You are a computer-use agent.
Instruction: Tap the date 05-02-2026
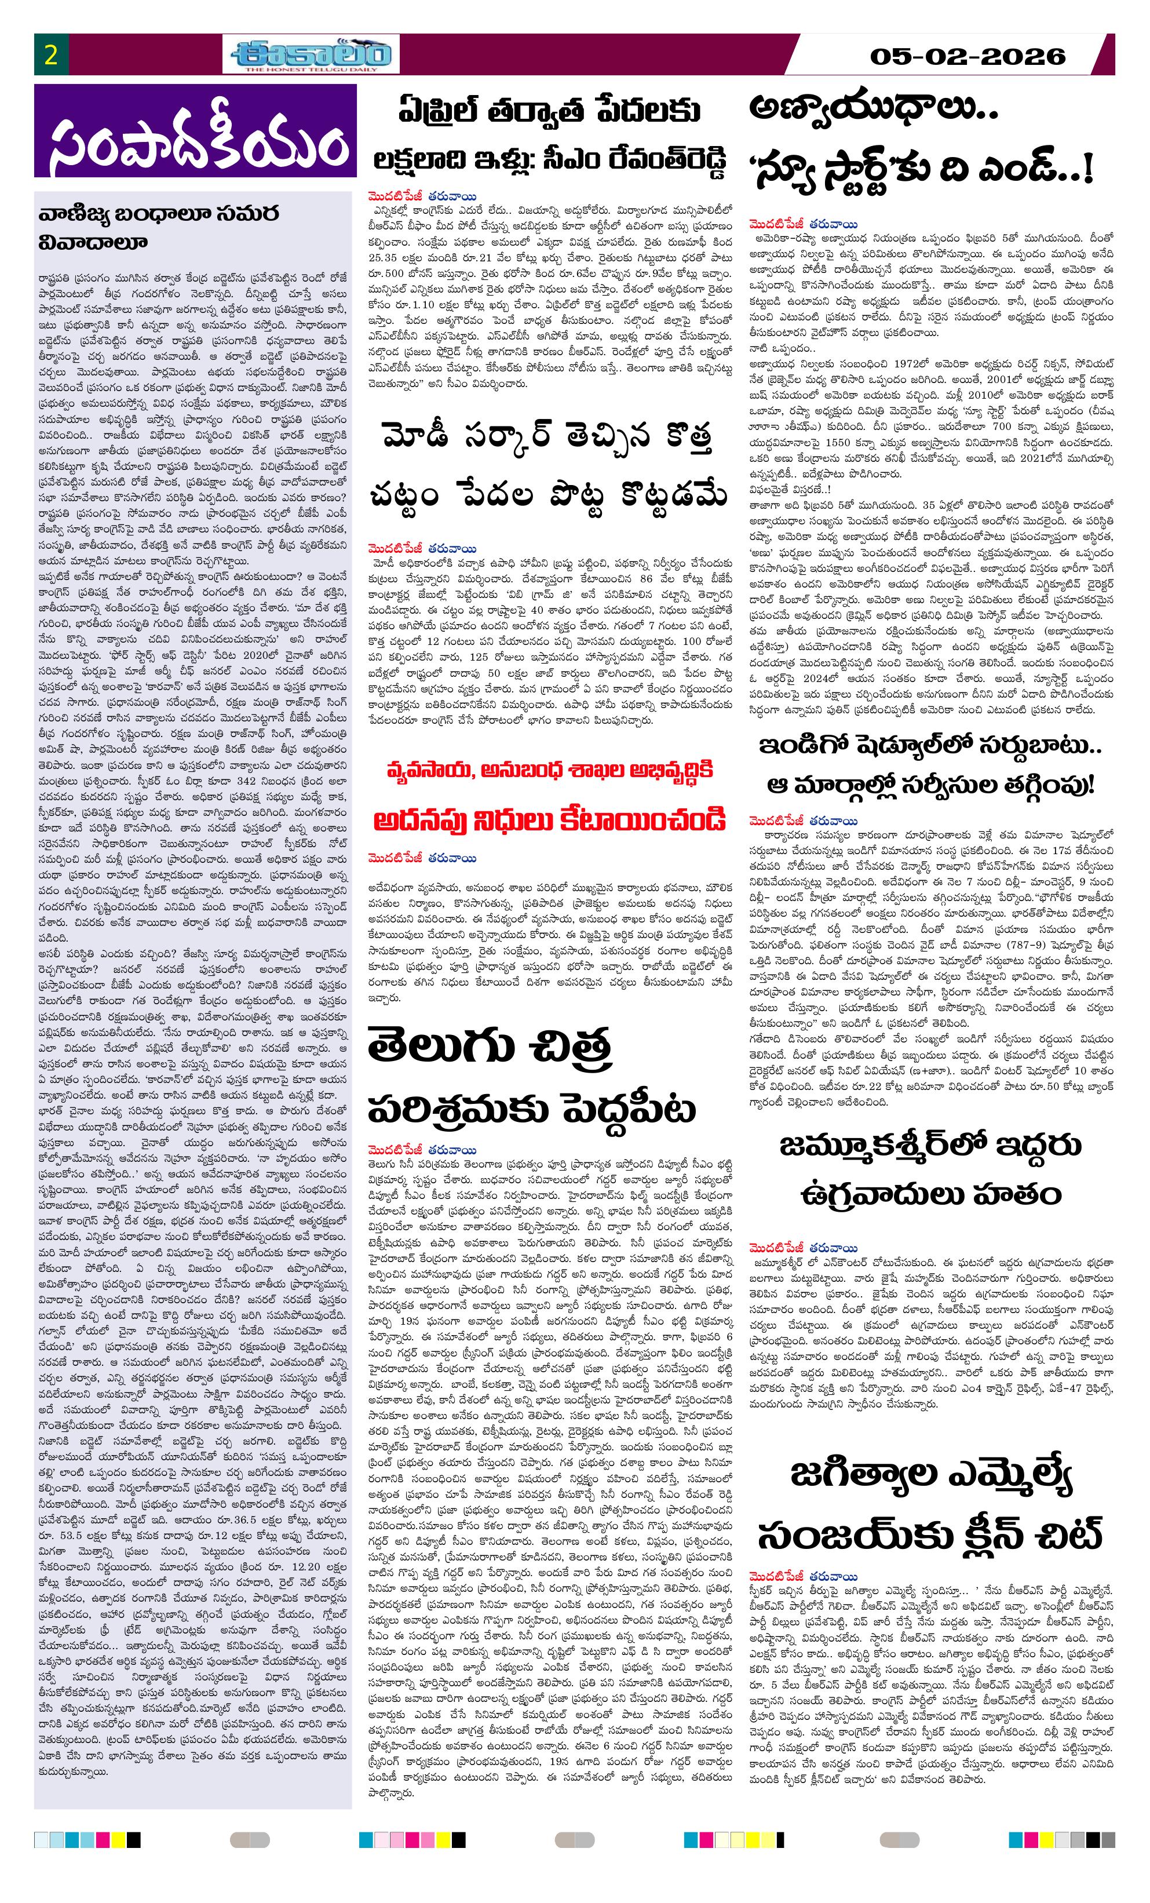coord(967,56)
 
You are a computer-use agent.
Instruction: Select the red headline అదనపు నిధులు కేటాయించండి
coord(549,819)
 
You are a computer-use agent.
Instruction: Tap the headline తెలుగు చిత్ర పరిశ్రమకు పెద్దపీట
coord(531,1077)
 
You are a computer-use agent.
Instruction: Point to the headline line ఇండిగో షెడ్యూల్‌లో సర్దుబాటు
coord(930,746)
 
